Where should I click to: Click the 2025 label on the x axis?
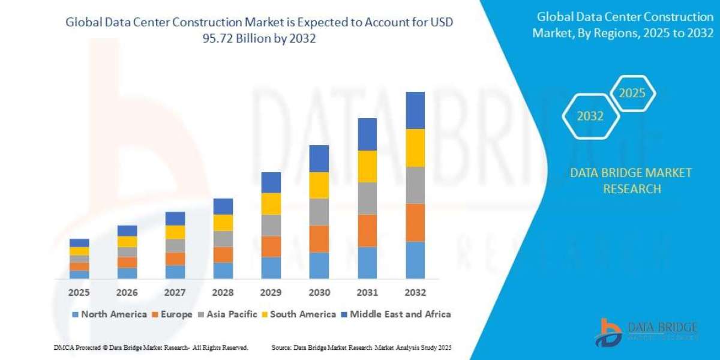[x=79, y=293]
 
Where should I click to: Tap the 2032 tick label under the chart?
[x=415, y=293]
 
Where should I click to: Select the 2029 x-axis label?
[x=271, y=293]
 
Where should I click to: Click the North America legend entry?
[x=109, y=314]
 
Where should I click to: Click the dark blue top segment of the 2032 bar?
[x=415, y=110]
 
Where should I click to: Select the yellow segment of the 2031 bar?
[x=367, y=166]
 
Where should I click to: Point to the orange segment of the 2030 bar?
[x=319, y=239]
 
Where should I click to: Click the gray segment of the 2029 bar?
[x=271, y=225]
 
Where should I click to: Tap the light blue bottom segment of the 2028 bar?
[x=223, y=271]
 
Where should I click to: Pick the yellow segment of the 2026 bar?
[x=127, y=242]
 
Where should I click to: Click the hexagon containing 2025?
[x=632, y=94]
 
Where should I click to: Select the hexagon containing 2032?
[x=590, y=116]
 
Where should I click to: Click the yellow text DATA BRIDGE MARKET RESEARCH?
[x=631, y=181]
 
